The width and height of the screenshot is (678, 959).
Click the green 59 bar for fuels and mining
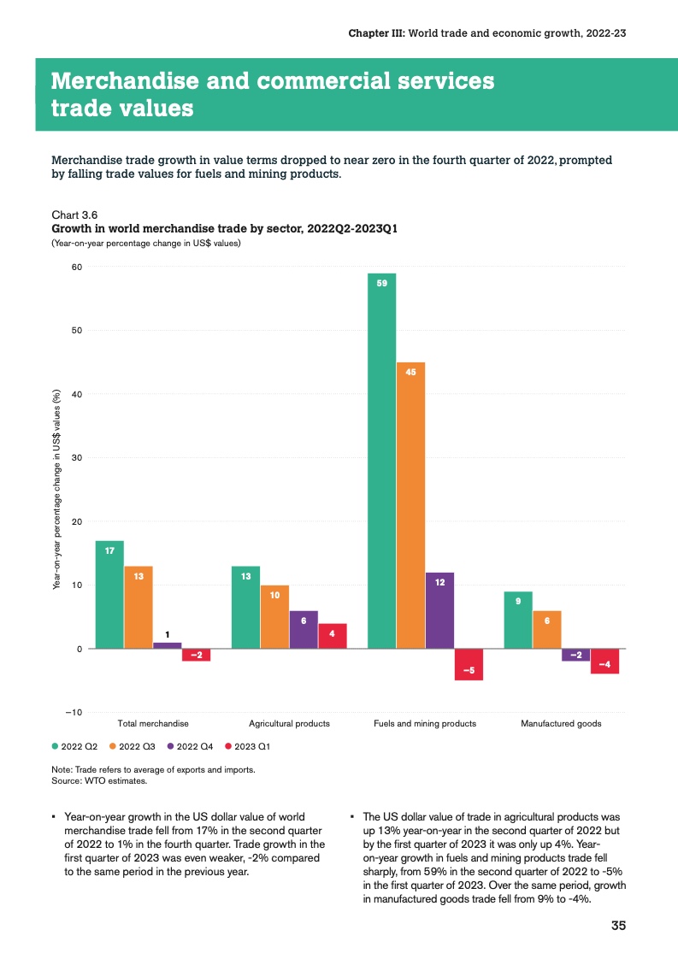point(382,461)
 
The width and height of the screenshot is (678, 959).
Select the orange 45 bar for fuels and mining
point(411,505)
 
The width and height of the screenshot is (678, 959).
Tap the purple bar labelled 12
point(439,610)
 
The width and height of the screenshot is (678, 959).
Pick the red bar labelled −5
point(469,664)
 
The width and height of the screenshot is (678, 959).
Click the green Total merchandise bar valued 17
point(109,595)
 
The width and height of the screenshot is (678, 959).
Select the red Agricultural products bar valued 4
point(333,636)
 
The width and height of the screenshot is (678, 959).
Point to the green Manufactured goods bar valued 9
point(518,620)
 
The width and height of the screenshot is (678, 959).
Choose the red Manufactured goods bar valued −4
point(604,661)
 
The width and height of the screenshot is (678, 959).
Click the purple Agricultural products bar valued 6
point(304,630)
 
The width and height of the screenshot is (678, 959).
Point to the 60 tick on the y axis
point(76,267)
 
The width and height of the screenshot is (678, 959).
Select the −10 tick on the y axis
point(73,713)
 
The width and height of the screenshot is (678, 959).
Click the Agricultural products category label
point(289,724)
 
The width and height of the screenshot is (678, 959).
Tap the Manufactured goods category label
point(561,724)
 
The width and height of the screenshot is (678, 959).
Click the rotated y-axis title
point(57,490)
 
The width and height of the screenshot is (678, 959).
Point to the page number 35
point(618,927)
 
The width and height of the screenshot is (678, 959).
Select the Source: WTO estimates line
point(99,780)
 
